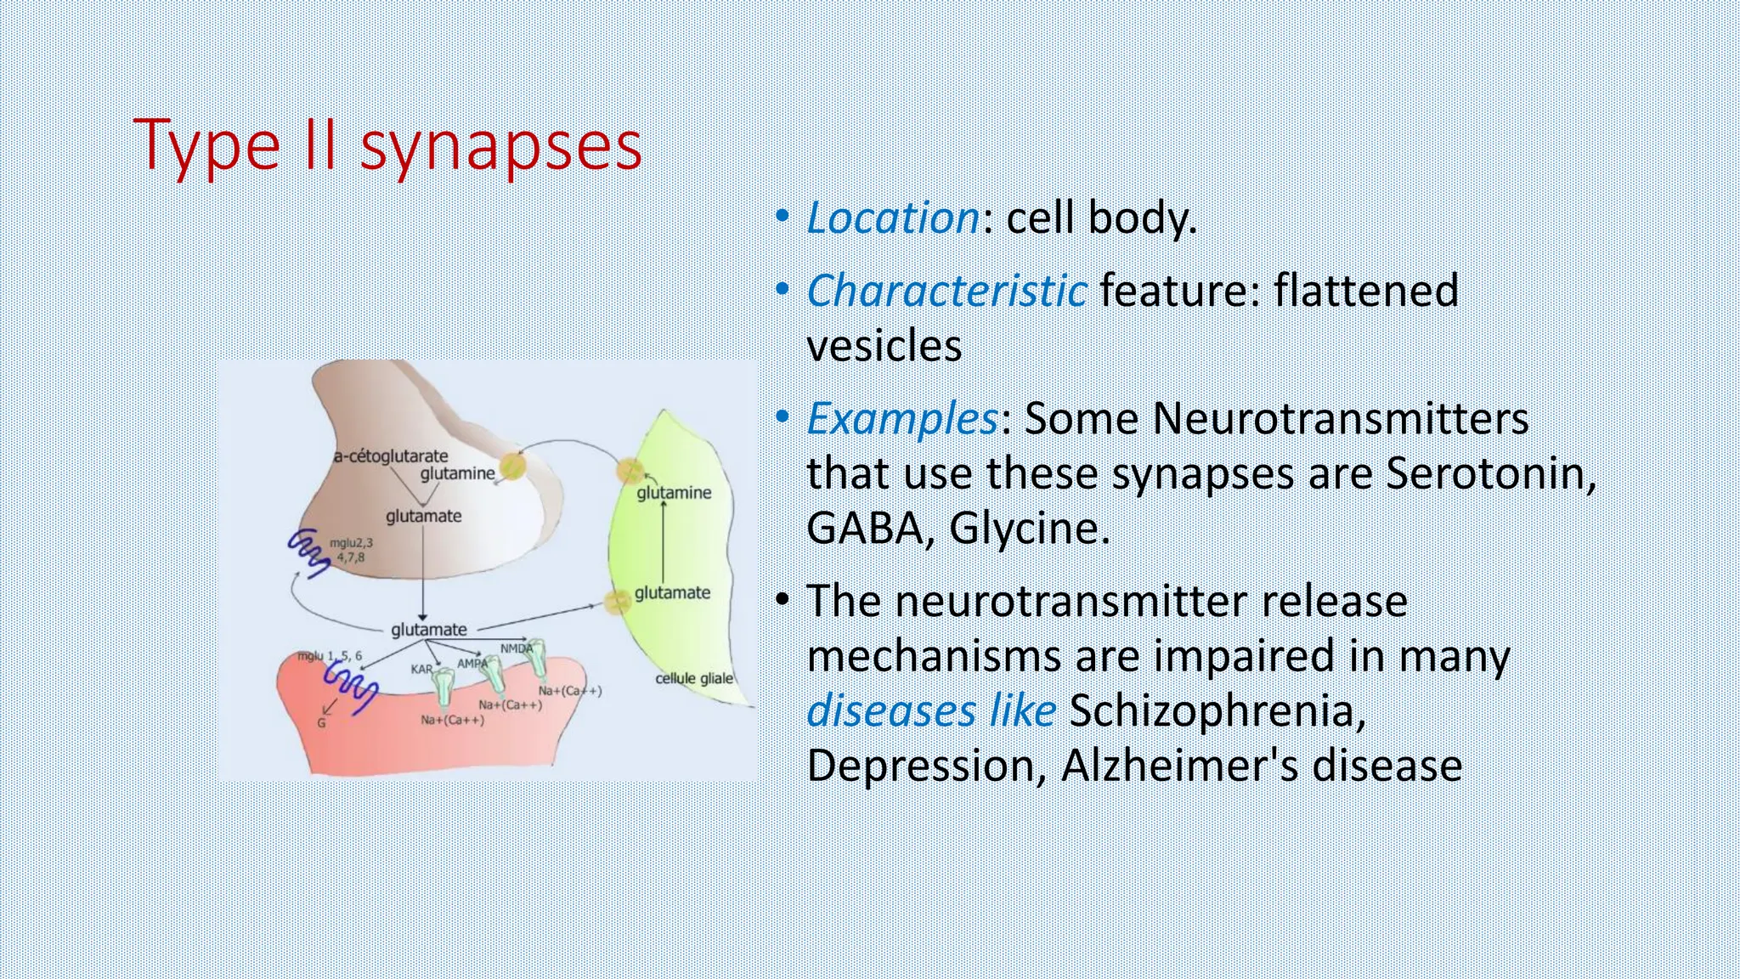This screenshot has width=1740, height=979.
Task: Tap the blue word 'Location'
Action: [x=893, y=218]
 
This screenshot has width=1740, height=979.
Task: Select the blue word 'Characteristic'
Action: [x=946, y=291]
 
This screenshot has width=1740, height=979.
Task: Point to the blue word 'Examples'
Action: [x=901, y=418]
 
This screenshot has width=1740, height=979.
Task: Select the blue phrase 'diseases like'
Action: [x=930, y=710]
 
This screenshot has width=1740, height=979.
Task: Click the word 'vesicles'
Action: [x=884, y=346]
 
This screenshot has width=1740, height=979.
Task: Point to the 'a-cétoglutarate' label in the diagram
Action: [x=390, y=456]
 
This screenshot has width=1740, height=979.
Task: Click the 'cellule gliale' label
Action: [x=693, y=678]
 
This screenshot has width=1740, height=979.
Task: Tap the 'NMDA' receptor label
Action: [x=516, y=648]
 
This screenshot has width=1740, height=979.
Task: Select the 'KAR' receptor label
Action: [x=422, y=669]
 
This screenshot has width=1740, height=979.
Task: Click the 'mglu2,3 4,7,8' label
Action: [x=350, y=550]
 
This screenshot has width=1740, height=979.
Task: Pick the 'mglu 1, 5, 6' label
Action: [x=329, y=656]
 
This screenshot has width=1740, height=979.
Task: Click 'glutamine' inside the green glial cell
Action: [x=674, y=492]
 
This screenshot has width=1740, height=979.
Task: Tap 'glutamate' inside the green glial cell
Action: [x=672, y=592]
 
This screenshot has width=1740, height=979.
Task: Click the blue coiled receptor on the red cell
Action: [x=350, y=687]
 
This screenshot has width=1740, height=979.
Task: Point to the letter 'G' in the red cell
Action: [x=321, y=723]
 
